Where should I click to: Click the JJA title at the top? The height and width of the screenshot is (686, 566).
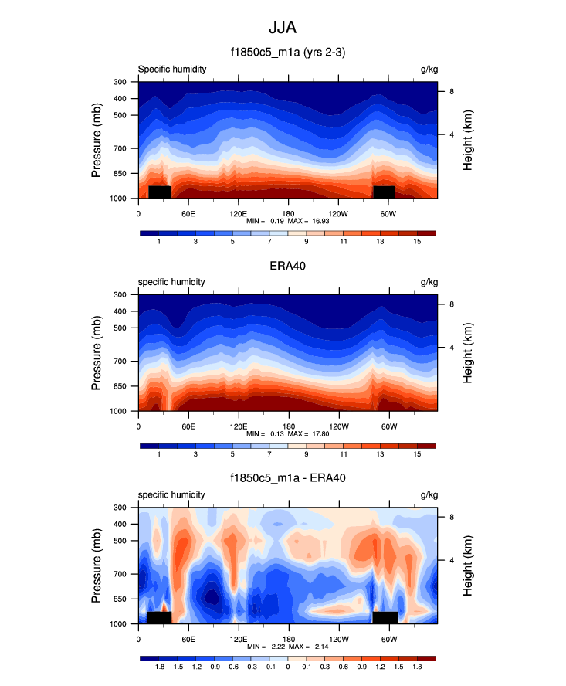tap(282, 28)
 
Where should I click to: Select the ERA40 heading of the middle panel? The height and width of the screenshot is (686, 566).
tap(286, 266)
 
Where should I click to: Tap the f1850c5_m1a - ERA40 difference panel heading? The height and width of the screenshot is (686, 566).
tap(286, 478)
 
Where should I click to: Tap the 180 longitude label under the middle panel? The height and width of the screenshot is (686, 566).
tap(288, 426)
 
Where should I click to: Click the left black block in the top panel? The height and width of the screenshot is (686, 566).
tap(159, 192)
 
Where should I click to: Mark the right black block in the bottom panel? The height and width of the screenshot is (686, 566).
tap(385, 617)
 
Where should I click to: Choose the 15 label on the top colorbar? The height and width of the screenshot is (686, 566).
tap(417, 243)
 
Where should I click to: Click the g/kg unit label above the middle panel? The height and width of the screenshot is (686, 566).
tap(429, 282)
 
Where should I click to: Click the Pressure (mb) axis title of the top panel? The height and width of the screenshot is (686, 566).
tap(97, 140)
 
